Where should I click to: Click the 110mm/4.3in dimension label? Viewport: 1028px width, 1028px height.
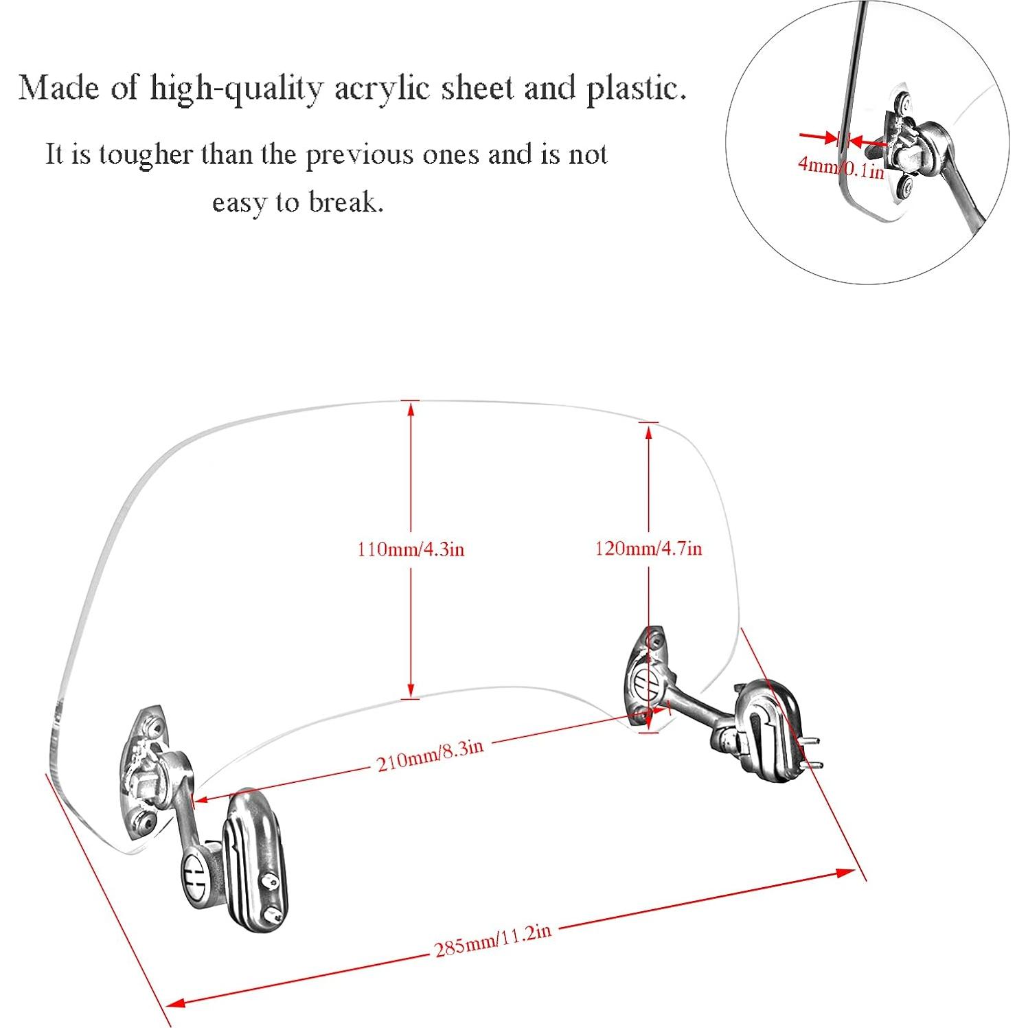(411, 549)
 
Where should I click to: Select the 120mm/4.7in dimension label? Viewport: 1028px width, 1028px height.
(648, 548)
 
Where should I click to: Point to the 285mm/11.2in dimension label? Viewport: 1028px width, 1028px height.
(492, 940)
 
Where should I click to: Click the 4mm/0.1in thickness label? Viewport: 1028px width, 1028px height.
(841, 167)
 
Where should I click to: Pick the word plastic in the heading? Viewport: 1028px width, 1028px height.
(636, 89)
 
